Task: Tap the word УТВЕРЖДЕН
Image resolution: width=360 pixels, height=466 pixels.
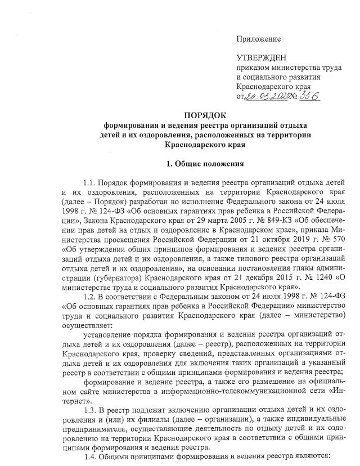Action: point(262,59)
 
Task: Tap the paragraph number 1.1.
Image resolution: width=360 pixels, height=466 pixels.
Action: point(89,183)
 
